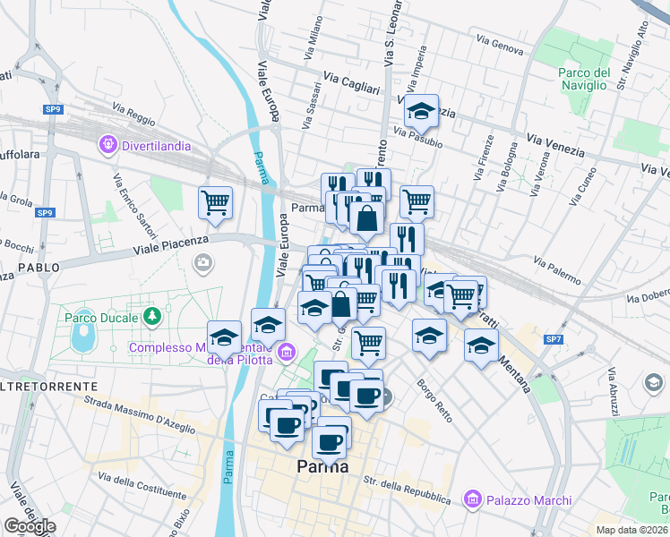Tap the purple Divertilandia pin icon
(109, 142)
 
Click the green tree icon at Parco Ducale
(153, 316)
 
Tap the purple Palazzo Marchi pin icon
(471, 499)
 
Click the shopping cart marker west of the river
(216, 203)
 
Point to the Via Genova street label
(500, 45)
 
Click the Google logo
(29, 526)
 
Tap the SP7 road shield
(554, 339)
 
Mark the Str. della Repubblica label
(406, 489)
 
